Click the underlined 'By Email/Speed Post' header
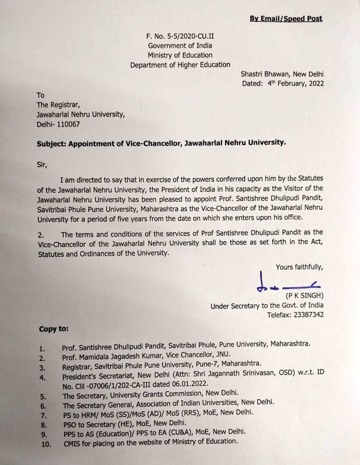[286, 18]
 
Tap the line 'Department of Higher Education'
[180, 65]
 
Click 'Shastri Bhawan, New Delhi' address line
[282, 74]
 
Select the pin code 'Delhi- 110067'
[58, 125]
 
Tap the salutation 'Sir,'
[43, 165]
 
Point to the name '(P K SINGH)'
[304, 296]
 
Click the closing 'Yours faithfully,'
[300, 267]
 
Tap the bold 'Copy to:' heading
[54, 329]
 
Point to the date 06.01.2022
[178, 384]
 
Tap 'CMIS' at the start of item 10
[72, 443]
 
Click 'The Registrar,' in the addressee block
[58, 105]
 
